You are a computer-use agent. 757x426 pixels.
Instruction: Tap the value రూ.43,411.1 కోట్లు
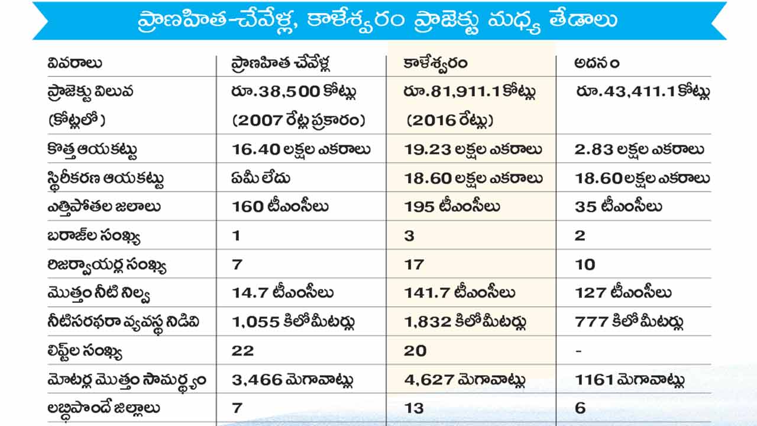point(643,92)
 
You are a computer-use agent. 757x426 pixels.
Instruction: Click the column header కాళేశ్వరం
point(435,63)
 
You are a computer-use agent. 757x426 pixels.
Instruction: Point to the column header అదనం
point(597,63)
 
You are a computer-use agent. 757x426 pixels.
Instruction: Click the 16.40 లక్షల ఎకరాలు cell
point(301,149)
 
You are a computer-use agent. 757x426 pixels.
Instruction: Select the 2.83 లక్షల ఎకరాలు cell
point(639,149)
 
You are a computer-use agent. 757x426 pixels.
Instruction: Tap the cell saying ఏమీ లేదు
point(261,177)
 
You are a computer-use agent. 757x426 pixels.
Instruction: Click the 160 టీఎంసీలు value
point(280,206)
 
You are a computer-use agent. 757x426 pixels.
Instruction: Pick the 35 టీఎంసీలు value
point(618,206)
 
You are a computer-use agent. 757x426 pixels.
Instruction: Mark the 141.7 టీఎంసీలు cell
point(460,293)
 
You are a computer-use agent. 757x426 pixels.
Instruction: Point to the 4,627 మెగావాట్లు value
point(465,379)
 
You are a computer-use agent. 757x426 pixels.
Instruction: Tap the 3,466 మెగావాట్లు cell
point(293,379)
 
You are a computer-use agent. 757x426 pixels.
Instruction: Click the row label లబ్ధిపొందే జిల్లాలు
point(104,408)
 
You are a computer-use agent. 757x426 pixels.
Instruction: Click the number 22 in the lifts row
point(242,350)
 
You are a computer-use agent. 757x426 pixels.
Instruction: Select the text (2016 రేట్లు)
point(449,121)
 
